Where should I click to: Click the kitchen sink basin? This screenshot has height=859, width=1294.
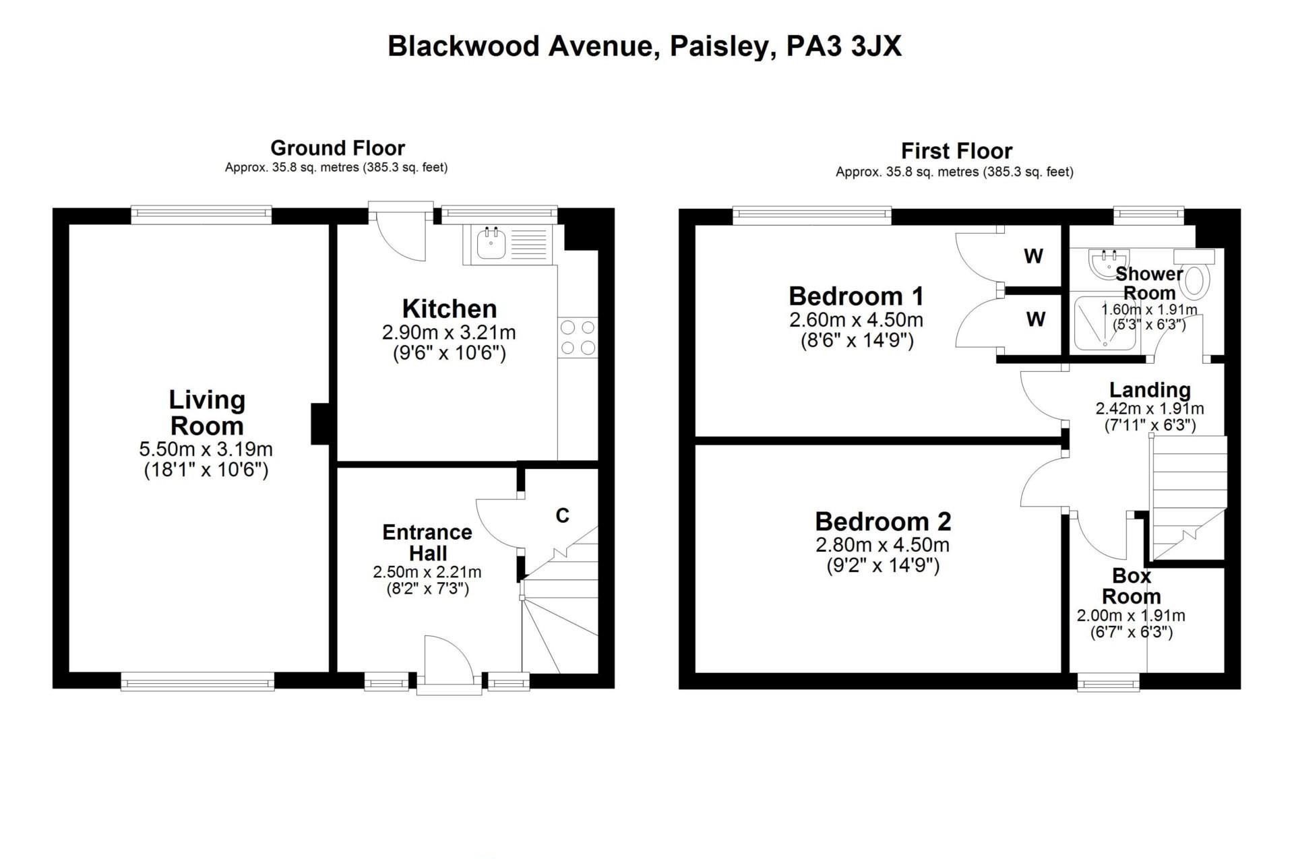click(492, 243)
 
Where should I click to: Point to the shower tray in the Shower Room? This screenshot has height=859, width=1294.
click(1105, 323)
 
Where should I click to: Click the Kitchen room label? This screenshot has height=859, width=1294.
click(450, 309)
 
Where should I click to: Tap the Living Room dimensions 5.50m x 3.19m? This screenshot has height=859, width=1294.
click(206, 449)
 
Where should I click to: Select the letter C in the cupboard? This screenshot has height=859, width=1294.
click(562, 515)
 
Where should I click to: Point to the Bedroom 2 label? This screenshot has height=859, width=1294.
click(883, 521)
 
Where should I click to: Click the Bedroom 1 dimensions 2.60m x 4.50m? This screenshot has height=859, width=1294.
click(856, 319)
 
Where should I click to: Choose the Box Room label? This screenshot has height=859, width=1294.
click(1132, 586)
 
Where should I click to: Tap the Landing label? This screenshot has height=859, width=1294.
click(1150, 390)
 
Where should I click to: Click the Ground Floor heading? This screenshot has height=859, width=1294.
click(338, 148)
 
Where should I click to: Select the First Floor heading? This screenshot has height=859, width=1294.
click(956, 151)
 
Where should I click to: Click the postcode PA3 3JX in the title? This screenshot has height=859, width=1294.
click(844, 46)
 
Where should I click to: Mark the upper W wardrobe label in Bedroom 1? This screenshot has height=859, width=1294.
click(1033, 256)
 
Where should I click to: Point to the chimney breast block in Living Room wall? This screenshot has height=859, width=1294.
click(319, 424)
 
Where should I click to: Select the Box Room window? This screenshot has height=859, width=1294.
click(1108, 685)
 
